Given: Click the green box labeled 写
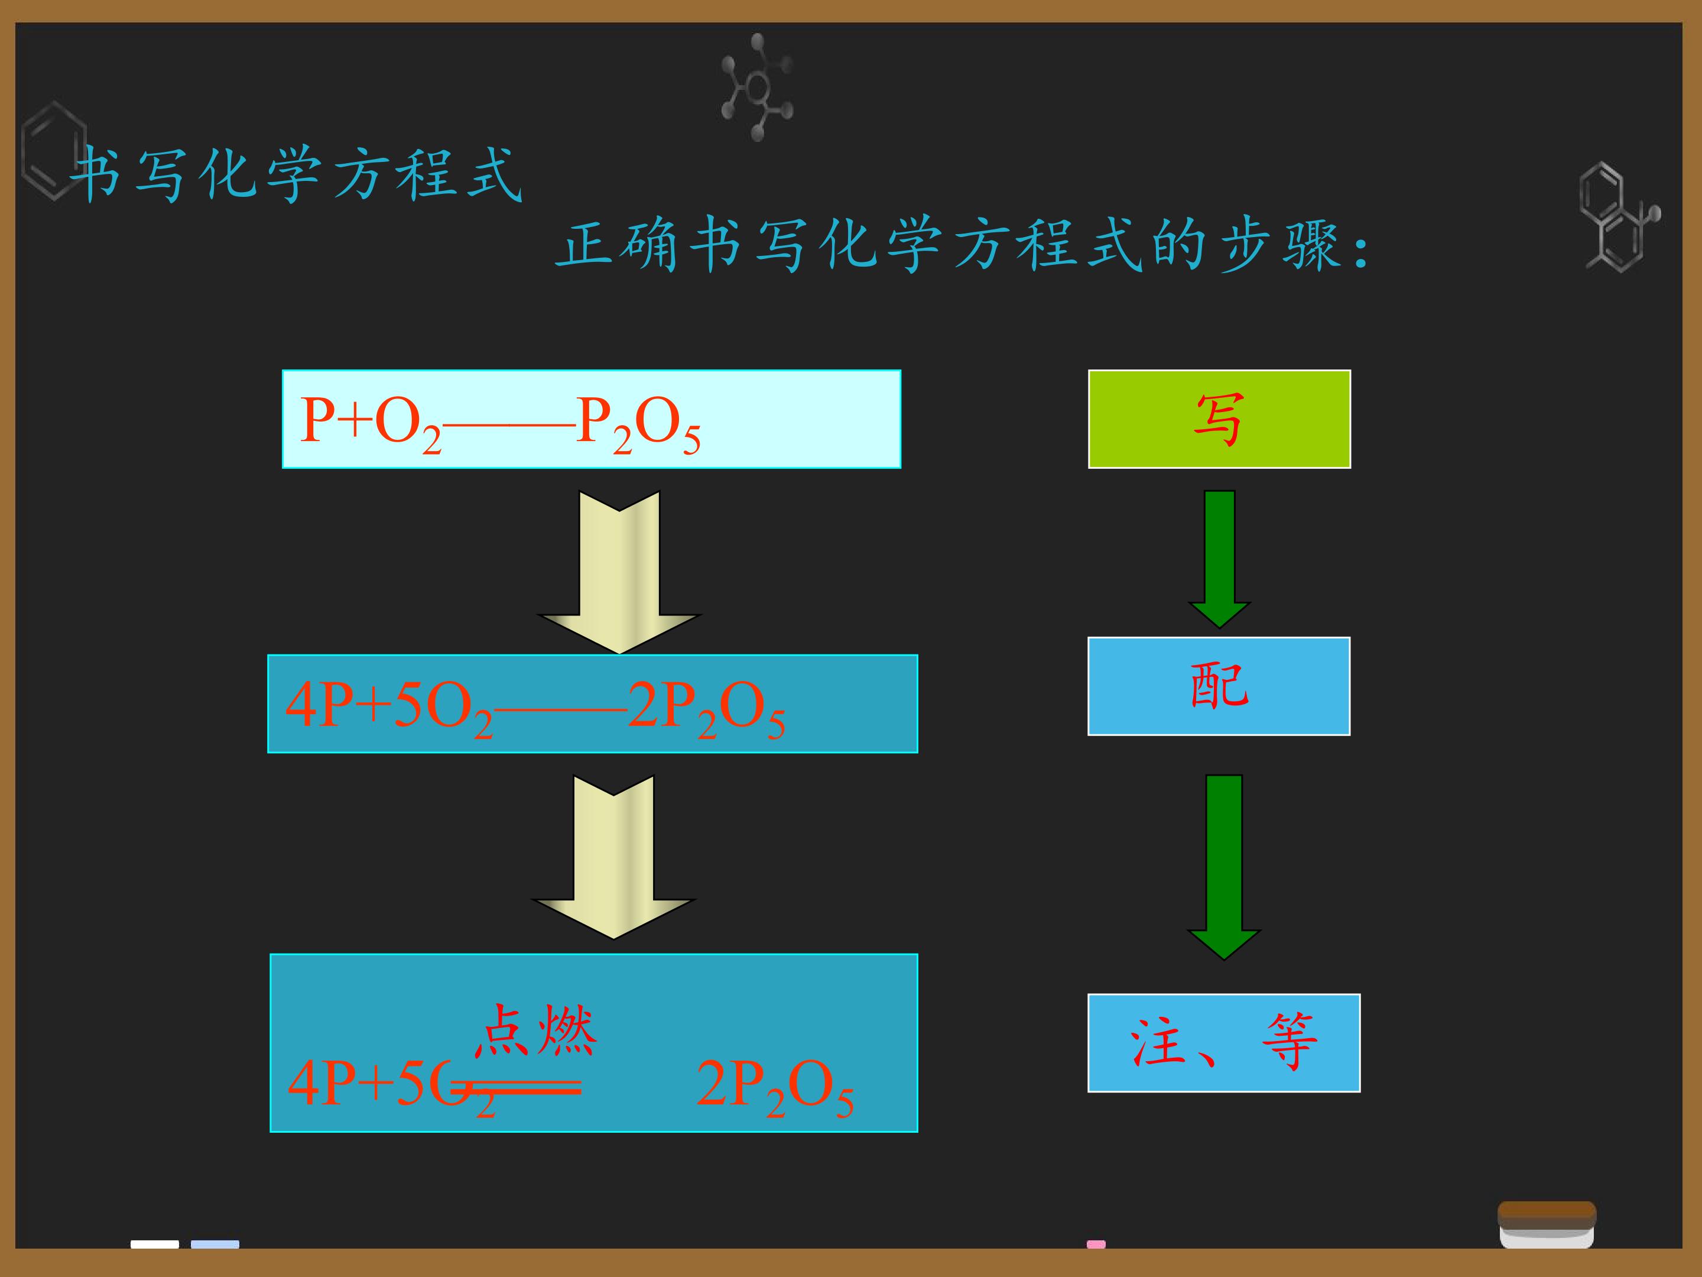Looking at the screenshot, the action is pyautogui.click(x=1219, y=419).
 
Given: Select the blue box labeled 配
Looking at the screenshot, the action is pyautogui.click(x=1219, y=686).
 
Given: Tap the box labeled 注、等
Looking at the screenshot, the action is pyautogui.click(x=1223, y=1042).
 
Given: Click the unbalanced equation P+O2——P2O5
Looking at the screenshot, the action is pyautogui.click(x=500, y=423).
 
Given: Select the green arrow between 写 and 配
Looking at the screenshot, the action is pyautogui.click(x=1220, y=559).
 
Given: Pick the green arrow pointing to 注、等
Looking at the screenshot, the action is pyautogui.click(x=1223, y=867).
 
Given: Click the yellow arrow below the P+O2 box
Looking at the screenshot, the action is pyautogui.click(x=619, y=572).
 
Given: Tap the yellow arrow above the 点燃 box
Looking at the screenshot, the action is pyautogui.click(x=613, y=857).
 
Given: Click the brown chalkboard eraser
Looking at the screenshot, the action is pyautogui.click(x=1547, y=1224).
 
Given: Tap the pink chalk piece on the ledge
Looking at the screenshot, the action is pyautogui.click(x=1096, y=1244).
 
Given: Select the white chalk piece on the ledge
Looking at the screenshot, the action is pyautogui.click(x=155, y=1244).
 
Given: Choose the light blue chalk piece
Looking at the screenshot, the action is pyautogui.click(x=215, y=1244).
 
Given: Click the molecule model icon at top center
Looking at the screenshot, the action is pyautogui.click(x=757, y=87).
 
